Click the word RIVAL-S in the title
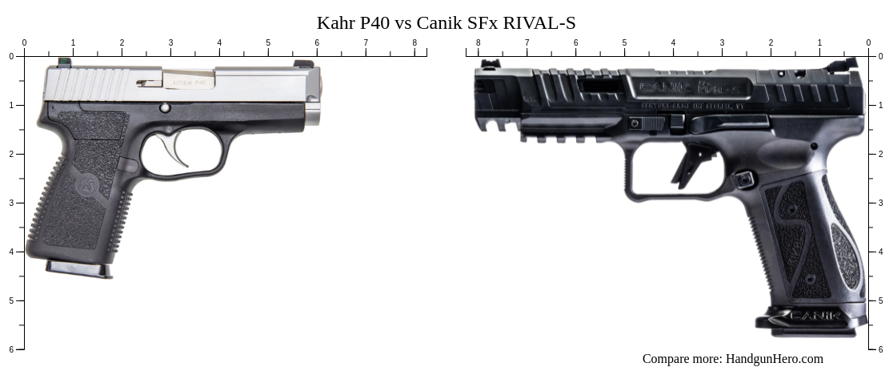[x=539, y=22]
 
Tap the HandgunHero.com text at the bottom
[x=774, y=359]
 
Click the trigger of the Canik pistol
[x=686, y=165]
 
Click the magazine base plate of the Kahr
[x=79, y=269]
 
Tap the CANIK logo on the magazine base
[x=814, y=316]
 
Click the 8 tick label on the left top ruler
[x=414, y=42]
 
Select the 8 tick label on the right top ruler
[x=479, y=42]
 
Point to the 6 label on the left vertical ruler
[x=10, y=349]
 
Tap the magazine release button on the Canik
[x=745, y=179]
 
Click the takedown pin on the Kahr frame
[x=165, y=107]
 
